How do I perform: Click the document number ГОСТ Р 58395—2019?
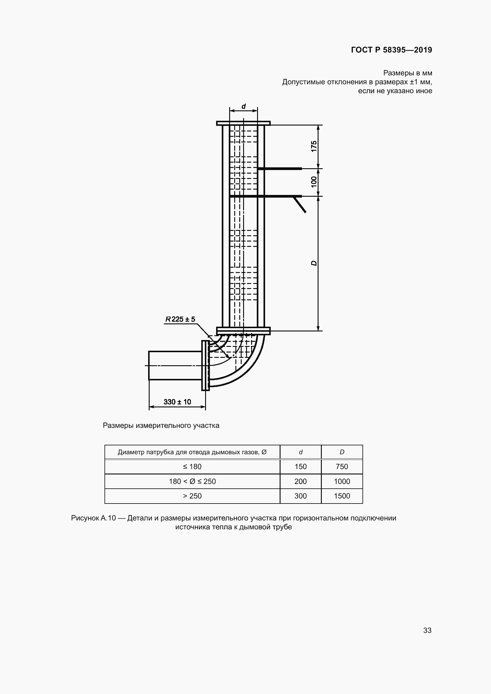click(392, 50)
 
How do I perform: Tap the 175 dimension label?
click(314, 146)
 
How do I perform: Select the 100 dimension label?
click(314, 182)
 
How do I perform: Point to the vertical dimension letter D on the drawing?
click(314, 263)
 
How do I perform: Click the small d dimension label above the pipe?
click(243, 107)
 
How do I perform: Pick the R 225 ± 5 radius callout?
click(180, 319)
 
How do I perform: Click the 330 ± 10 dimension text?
click(178, 402)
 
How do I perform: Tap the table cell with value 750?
click(342, 466)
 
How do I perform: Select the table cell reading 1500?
click(342, 496)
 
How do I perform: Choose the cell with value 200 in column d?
click(300, 481)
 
